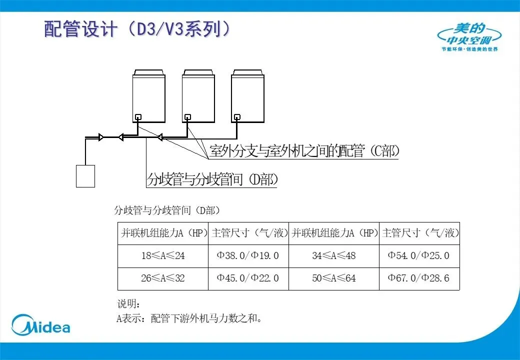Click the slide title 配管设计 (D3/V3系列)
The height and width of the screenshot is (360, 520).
pos(137,29)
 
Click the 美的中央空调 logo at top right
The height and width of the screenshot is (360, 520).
pos(469,37)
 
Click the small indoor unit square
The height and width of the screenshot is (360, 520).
pos(85,176)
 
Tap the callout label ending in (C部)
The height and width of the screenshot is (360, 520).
pos(304,151)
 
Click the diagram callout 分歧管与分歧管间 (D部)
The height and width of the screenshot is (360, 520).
pos(212,179)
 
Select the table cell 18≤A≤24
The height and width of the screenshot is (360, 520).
pos(163,256)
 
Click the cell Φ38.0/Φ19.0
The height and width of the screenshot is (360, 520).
pos(248,256)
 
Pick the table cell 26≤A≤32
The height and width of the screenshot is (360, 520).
pos(163,278)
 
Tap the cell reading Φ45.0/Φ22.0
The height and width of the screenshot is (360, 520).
pos(248,278)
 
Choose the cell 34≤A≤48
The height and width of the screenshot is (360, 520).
pos(334,256)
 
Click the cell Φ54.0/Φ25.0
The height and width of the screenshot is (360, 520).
pos(419,256)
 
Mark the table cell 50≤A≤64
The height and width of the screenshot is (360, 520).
pos(334,278)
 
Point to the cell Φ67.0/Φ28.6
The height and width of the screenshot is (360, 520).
pos(419,278)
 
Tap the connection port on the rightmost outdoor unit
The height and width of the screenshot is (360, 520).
pos(237,117)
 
